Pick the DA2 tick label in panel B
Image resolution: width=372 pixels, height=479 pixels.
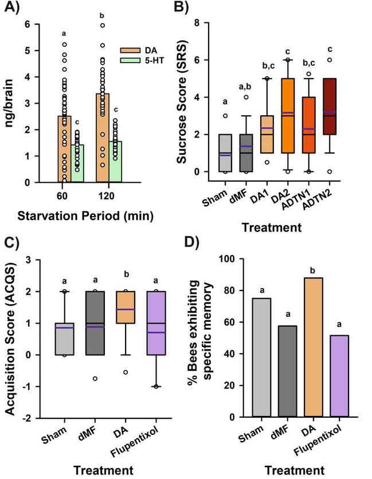point(290,187)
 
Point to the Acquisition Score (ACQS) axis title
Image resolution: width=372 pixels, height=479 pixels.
point(11,338)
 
